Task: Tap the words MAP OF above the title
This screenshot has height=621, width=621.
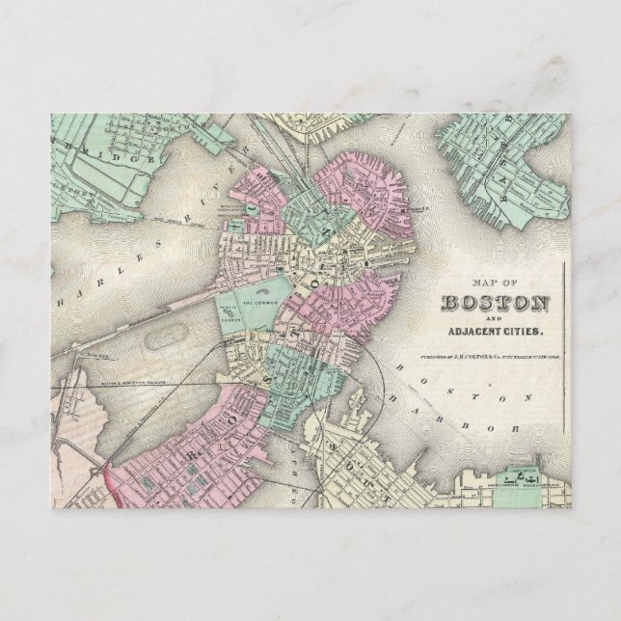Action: click(x=495, y=283)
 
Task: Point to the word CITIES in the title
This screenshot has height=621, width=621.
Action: click(x=523, y=333)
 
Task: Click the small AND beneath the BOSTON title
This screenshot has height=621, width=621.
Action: click(x=496, y=319)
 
